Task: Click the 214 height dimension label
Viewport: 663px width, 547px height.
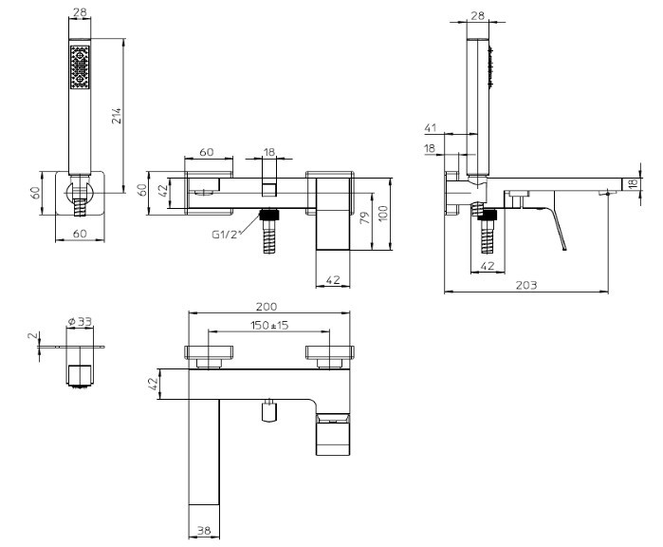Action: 117,116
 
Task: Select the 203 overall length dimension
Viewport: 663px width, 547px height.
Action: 525,285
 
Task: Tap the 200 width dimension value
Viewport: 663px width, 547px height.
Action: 267,306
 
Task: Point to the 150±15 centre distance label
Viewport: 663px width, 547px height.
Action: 269,325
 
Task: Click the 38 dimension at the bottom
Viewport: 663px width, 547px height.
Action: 204,530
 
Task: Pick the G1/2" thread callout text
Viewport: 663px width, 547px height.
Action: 225,235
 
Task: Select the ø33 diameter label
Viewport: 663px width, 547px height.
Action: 80,322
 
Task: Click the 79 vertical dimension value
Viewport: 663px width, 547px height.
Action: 364,217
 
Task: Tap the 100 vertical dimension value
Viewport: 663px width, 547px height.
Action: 382,215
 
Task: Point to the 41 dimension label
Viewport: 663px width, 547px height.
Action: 430,127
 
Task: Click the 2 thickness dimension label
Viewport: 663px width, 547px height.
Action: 32,336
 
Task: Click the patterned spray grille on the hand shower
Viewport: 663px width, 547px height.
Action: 80,66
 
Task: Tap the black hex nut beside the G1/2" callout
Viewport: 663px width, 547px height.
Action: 269,214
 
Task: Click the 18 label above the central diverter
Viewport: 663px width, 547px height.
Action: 269,152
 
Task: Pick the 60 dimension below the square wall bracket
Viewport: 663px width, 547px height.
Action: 80,234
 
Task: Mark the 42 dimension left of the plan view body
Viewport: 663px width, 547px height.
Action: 154,384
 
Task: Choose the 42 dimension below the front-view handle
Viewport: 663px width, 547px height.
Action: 333,280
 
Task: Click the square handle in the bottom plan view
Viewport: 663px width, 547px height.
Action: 333,434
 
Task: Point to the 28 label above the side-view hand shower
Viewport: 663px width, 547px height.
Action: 477,15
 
